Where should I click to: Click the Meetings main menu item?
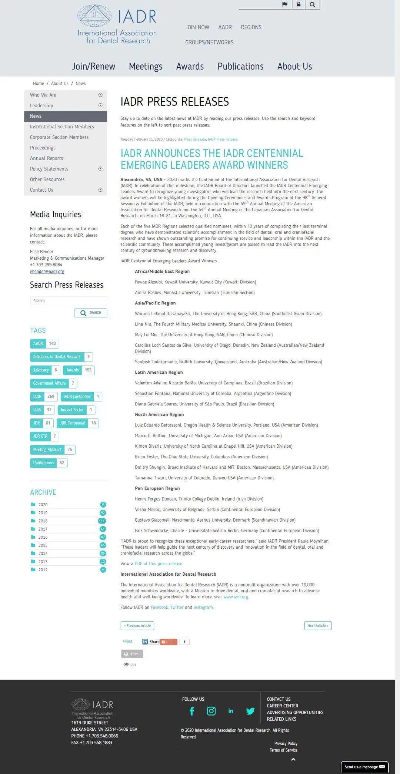(146, 66)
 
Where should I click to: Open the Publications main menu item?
(240, 66)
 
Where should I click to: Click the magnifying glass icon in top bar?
(313, 4)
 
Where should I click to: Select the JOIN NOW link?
(197, 27)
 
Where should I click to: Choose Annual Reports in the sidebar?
(46, 158)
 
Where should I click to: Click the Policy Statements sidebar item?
(49, 169)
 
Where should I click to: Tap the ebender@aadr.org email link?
(47, 272)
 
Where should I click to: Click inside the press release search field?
(68, 301)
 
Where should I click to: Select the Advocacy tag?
(41, 370)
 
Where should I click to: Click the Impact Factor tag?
(72, 410)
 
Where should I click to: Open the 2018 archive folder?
(43, 521)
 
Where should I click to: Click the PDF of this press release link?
(158, 564)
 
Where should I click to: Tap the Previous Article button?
(137, 626)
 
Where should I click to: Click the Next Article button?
(318, 626)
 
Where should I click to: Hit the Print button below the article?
(132, 654)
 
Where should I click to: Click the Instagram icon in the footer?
(211, 711)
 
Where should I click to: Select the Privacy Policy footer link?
(286, 744)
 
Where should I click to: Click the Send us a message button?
(364, 767)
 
